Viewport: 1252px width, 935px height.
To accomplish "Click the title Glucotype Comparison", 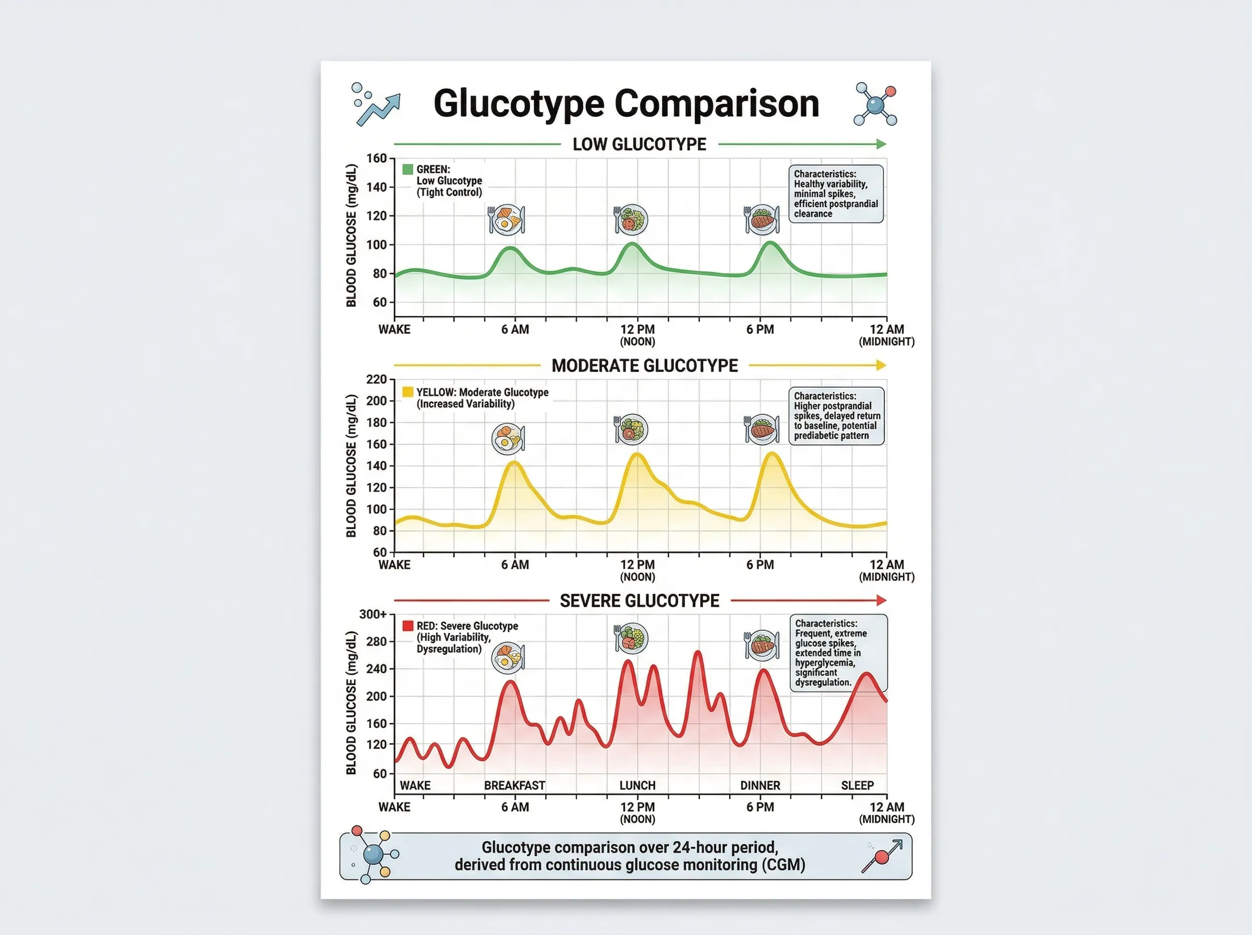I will (x=627, y=104).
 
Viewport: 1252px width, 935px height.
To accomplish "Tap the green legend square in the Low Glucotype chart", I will (x=407, y=169).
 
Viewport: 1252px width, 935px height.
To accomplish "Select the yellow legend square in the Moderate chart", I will (x=407, y=392).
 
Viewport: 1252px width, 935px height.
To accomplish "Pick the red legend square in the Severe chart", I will (x=407, y=626).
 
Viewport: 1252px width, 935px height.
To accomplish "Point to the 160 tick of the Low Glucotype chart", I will (x=376, y=159).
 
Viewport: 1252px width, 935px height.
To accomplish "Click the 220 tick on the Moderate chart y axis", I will (x=376, y=379).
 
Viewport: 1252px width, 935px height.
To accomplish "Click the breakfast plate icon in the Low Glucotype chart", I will (x=507, y=220).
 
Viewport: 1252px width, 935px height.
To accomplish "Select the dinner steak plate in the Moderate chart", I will (x=762, y=429).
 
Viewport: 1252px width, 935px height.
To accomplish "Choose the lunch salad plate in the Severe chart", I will (x=631, y=639).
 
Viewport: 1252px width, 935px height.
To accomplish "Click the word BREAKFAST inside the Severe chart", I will (x=514, y=786).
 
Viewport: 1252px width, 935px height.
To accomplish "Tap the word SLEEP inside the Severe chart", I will (x=857, y=786).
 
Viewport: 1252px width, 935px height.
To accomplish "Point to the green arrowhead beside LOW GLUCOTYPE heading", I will (x=881, y=145).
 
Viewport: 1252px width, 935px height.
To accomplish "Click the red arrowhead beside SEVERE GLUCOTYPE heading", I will (x=881, y=600).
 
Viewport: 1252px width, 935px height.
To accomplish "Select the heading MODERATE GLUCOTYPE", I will (x=644, y=366).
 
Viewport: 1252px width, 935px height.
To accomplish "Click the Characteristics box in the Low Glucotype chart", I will (x=836, y=194).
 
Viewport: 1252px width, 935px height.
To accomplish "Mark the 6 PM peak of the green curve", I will (x=771, y=243).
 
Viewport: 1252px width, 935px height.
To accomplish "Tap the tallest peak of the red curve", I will (x=697, y=653).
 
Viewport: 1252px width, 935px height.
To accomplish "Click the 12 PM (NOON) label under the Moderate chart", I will (x=637, y=570).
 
